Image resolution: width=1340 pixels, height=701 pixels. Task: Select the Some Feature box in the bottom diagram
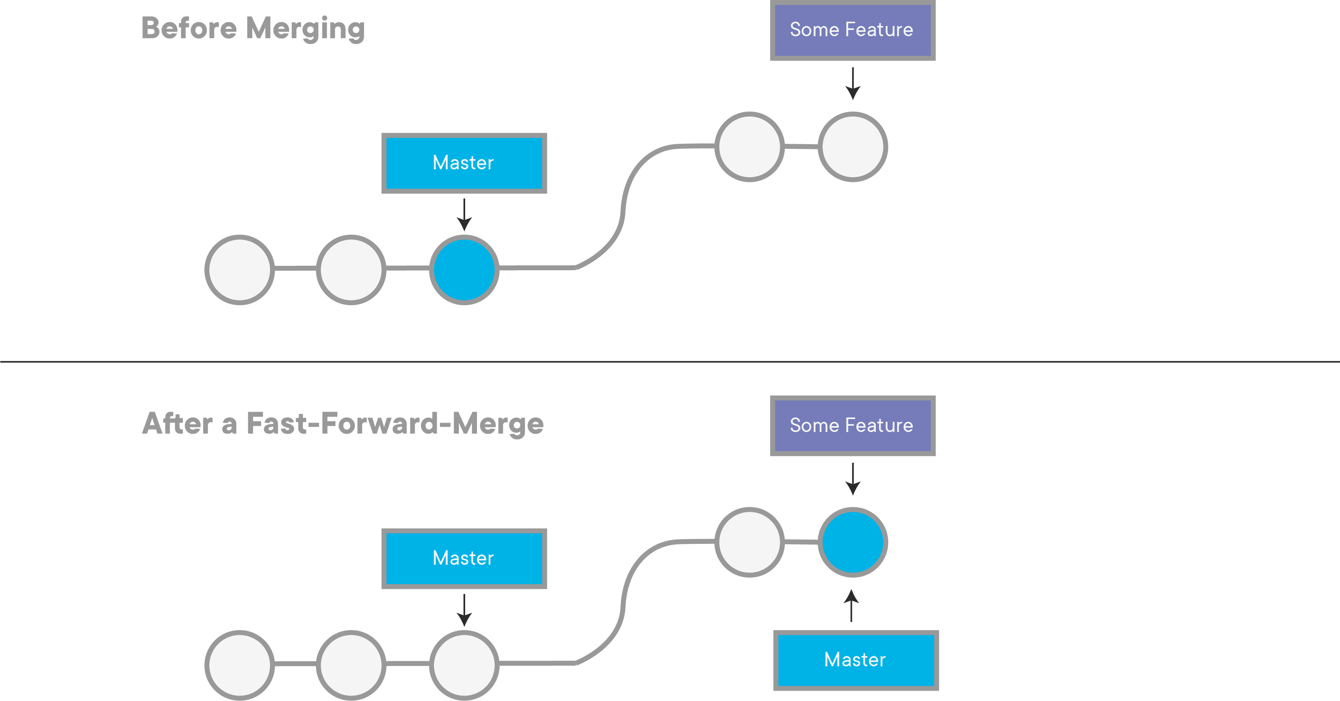[852, 426]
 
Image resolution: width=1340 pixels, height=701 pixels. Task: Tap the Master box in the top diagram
[464, 163]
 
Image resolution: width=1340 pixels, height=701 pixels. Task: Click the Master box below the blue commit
[855, 660]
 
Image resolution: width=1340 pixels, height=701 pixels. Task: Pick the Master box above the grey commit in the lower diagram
[464, 558]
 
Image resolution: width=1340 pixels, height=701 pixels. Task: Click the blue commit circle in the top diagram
[464, 270]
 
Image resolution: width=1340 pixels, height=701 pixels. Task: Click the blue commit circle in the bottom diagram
[852, 542]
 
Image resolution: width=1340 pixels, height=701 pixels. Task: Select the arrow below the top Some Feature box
[852, 83]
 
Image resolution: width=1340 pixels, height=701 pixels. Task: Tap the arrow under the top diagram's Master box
[464, 214]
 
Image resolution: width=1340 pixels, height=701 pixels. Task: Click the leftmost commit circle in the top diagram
[239, 270]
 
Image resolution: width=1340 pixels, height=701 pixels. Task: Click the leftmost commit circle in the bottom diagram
[239, 665]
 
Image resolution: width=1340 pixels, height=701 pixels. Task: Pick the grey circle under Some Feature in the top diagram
[852, 147]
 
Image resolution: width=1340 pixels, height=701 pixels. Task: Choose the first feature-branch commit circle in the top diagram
[749, 147]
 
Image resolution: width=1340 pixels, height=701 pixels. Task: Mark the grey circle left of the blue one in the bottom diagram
[749, 542]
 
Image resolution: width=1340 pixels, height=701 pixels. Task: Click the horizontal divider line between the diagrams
[670, 361]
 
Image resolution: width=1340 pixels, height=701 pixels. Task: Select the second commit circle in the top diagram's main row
[351, 270]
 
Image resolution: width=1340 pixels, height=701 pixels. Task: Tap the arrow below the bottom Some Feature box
[852, 479]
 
